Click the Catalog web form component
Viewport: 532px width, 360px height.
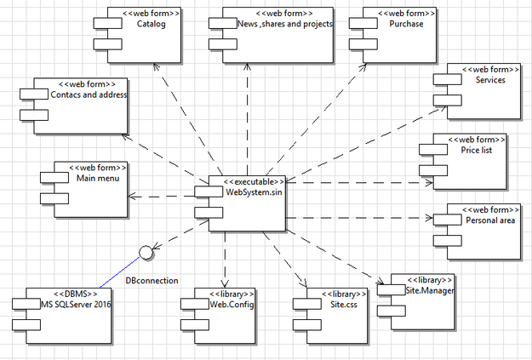[x=141, y=34]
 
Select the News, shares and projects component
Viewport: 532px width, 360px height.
[x=277, y=34]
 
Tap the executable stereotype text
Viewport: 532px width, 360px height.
[x=253, y=180]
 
